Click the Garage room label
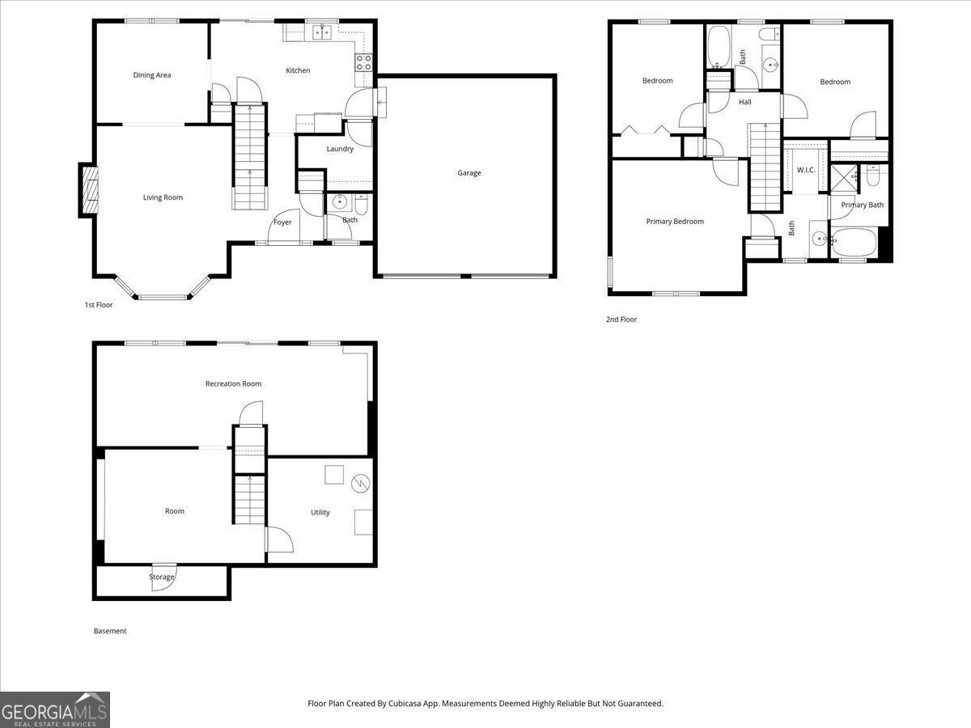[469, 173]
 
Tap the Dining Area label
[152, 75]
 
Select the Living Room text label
[163, 197]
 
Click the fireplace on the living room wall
[88, 190]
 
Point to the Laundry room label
[340, 149]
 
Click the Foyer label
[282, 222]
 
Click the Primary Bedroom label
[675, 222]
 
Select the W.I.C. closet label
[806, 170]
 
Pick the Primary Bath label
[863, 205]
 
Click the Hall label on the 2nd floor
[745, 102]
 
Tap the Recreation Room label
[233, 383]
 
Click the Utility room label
[320, 512]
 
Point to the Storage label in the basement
[161, 577]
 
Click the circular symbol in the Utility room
[360, 484]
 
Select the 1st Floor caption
[99, 305]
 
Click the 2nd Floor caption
[621, 320]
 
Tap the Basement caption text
[110, 631]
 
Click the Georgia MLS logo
[55, 709]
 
